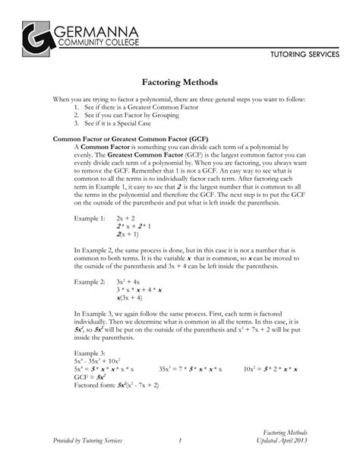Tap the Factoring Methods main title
point(180,81)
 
